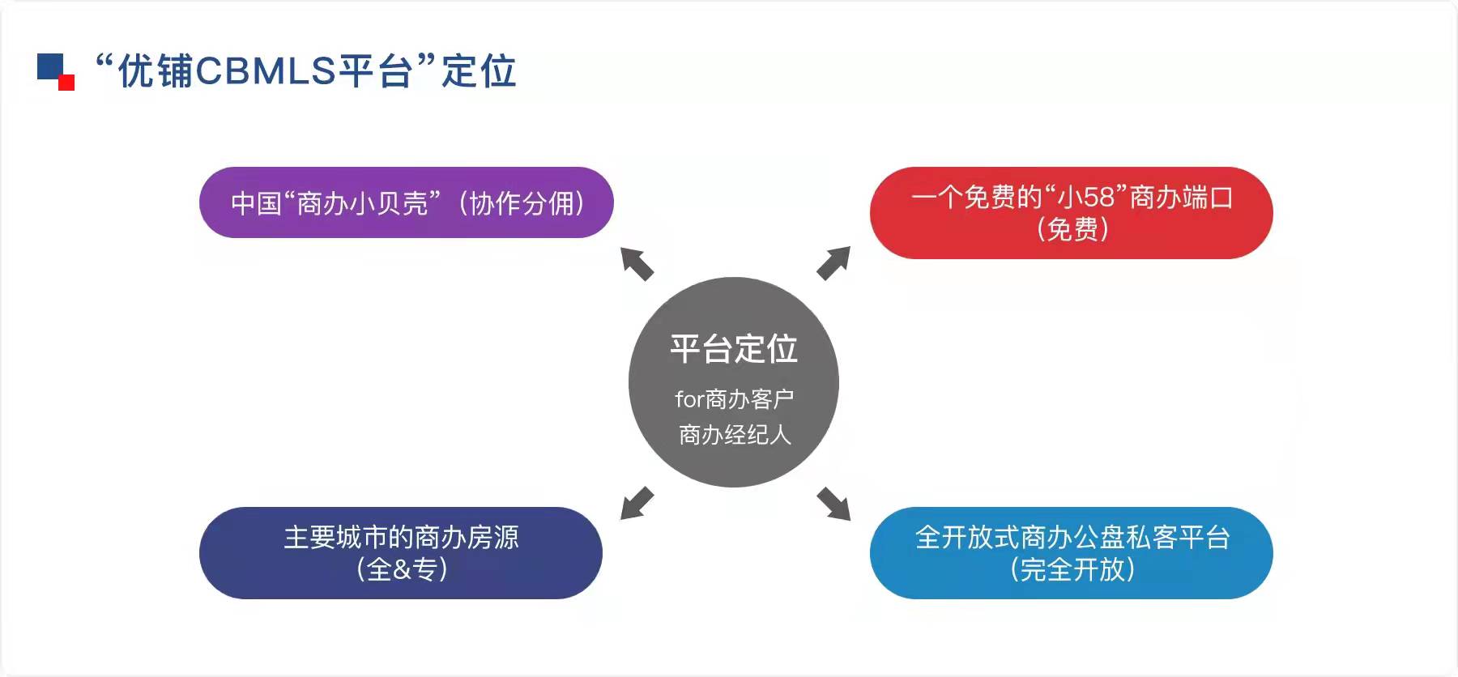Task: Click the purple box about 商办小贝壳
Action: click(x=406, y=202)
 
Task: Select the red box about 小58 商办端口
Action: click(x=1071, y=213)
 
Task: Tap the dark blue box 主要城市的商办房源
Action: click(x=401, y=553)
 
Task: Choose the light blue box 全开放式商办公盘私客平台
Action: click(x=1071, y=553)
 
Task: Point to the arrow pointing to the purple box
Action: click(x=637, y=264)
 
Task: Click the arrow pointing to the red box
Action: click(x=833, y=263)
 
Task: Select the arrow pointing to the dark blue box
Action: click(x=637, y=503)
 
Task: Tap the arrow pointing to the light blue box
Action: click(x=833, y=504)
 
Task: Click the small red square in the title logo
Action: click(x=66, y=82)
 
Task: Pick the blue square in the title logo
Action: click(x=49, y=66)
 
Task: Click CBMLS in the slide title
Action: click(x=265, y=71)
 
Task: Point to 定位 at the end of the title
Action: click(x=479, y=71)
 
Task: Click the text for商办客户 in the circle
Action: click(x=734, y=399)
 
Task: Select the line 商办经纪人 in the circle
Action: click(x=734, y=435)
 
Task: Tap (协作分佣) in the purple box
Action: click(x=522, y=203)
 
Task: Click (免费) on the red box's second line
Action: click(x=1072, y=230)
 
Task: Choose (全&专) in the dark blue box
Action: click(x=402, y=569)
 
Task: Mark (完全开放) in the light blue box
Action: click(x=1072, y=570)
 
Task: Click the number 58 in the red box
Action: click(x=1100, y=197)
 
